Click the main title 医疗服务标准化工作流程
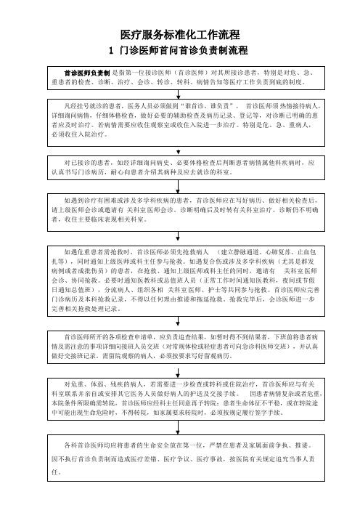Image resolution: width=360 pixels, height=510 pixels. pos(180,34)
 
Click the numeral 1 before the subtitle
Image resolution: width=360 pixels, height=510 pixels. pos(111,51)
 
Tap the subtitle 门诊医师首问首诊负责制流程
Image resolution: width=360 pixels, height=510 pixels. pos(184,50)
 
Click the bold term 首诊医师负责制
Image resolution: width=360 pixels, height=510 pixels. pos(87,73)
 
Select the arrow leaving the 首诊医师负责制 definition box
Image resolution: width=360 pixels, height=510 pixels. pos(178,94)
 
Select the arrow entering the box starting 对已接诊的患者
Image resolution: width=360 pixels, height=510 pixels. pos(178,151)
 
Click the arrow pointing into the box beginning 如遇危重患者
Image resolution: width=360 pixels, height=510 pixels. pos(178,236)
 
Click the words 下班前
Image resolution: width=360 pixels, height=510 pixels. pos(283,337)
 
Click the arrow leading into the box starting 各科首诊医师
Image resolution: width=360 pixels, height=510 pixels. pos(178,427)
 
